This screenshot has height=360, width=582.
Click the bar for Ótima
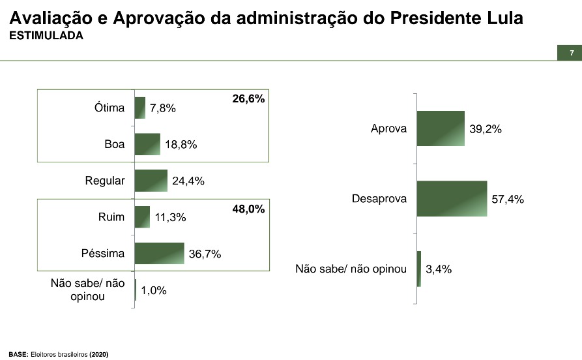point(139,108)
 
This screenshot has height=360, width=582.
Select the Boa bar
point(147,144)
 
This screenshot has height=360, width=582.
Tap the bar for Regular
point(151,181)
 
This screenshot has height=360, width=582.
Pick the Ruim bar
point(142,217)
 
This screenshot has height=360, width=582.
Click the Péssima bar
point(159,254)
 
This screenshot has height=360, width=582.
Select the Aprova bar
point(440,128)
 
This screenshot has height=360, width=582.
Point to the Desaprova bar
point(452,198)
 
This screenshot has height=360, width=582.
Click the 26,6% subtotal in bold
point(248,99)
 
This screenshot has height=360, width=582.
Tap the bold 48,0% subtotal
point(248,209)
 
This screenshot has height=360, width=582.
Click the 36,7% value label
point(205,254)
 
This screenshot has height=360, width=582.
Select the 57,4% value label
point(508,200)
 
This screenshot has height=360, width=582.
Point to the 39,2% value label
point(486,130)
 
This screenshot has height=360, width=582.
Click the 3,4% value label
point(439,269)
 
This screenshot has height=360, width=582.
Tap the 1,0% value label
point(154,291)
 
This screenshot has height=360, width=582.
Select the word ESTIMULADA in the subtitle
point(46,36)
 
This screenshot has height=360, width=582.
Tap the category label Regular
point(105,181)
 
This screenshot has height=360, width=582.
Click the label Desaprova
point(379,198)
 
